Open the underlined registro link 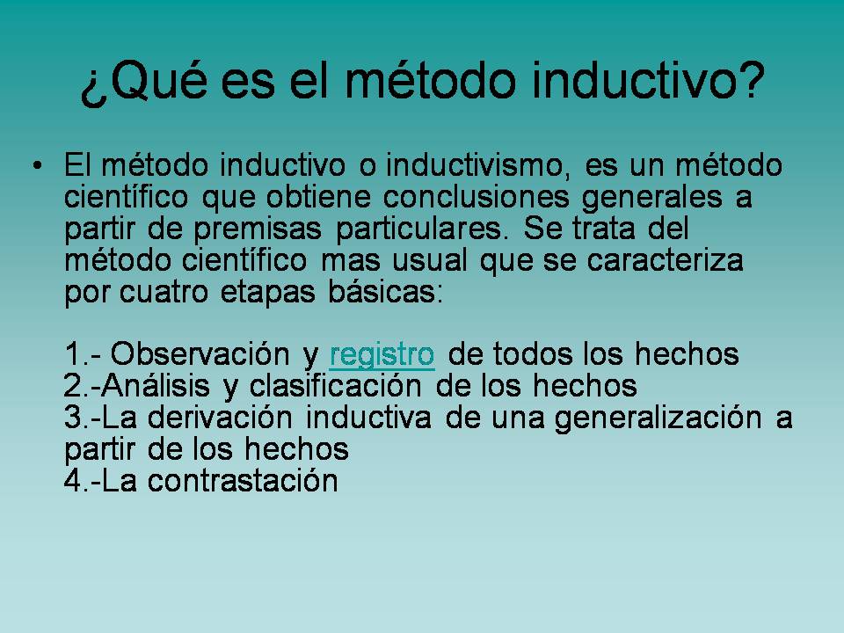(x=382, y=354)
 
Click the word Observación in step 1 (x=202, y=354)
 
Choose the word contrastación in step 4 (x=244, y=481)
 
